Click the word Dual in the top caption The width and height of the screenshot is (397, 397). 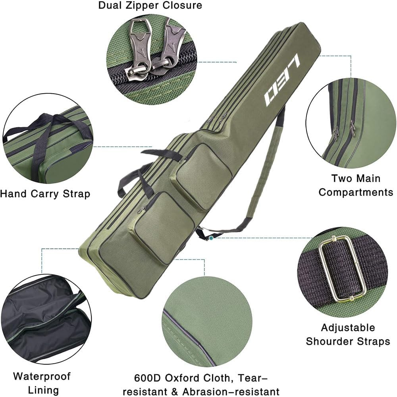112,6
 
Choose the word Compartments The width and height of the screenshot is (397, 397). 355,193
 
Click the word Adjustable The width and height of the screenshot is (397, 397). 348,328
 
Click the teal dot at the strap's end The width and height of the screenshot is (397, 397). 212,238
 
